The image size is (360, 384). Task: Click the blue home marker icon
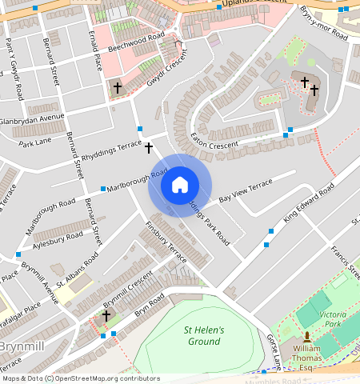tap(180, 185)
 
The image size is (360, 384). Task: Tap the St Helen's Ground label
tap(202, 336)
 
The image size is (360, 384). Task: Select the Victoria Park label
tap(332, 319)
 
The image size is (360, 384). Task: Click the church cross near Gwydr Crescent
tap(118, 86)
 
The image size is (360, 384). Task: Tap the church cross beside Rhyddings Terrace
tap(148, 148)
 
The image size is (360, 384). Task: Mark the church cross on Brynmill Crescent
tap(106, 316)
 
